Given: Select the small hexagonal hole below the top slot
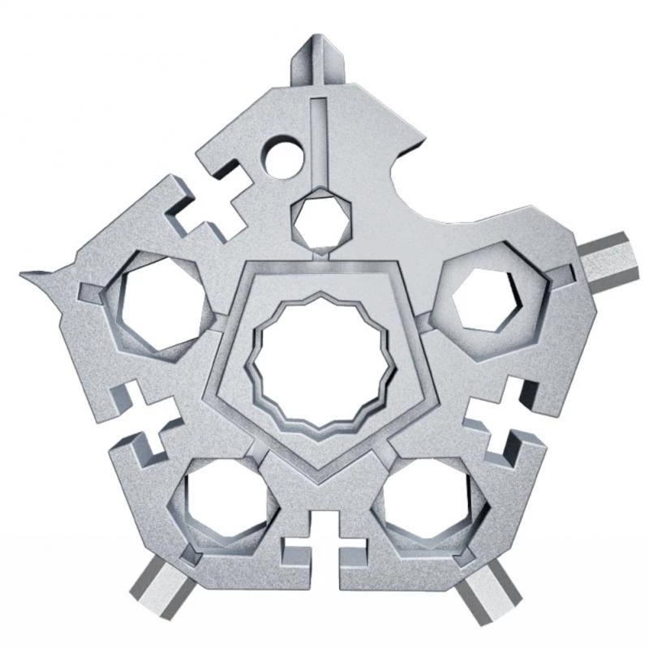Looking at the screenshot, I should click(322, 217).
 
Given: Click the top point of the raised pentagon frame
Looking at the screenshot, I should click(324, 265).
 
